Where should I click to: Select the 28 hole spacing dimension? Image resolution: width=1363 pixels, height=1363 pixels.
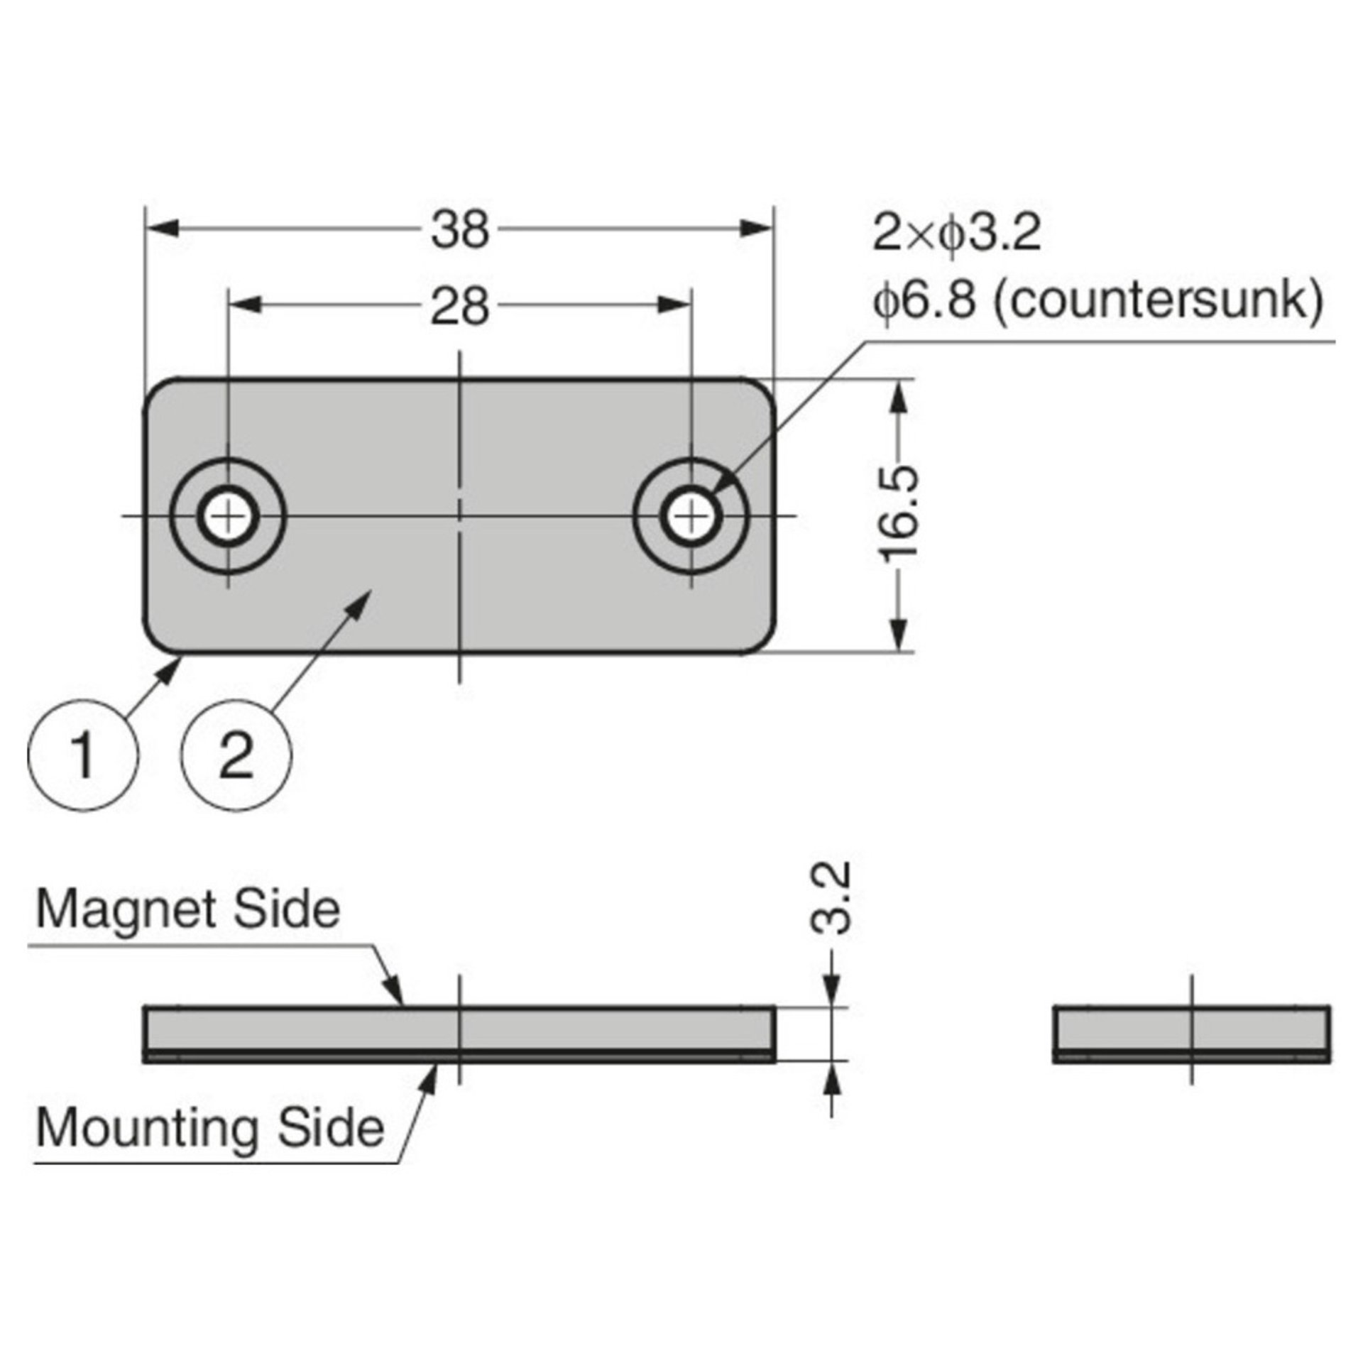(x=461, y=307)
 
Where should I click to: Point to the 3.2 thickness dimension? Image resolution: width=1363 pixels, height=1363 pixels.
(x=830, y=897)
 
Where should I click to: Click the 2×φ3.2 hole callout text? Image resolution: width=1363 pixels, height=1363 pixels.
(x=956, y=234)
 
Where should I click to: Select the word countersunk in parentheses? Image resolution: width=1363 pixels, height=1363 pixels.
(x=1156, y=302)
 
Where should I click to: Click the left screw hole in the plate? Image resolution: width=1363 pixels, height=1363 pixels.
(x=228, y=516)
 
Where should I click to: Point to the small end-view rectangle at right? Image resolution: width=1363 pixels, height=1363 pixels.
(x=1190, y=1033)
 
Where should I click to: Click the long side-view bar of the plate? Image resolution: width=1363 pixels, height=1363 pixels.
(x=459, y=1033)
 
